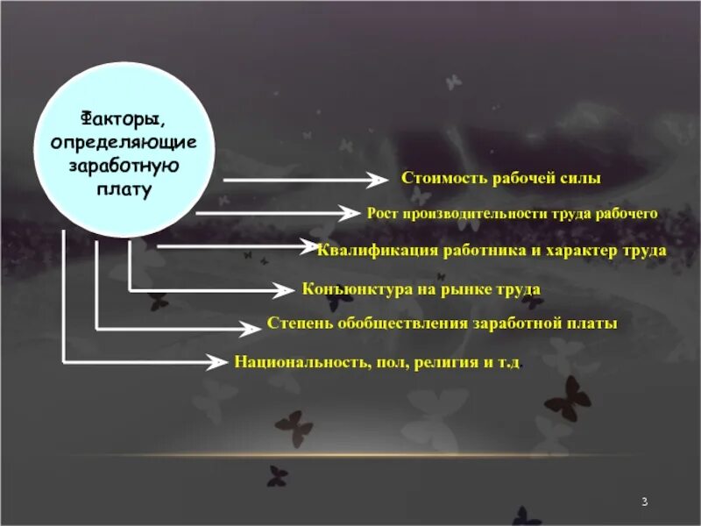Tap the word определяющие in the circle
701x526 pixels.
(124, 141)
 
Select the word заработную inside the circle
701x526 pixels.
(123, 165)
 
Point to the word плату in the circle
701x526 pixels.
(124, 188)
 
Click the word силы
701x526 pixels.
(581, 178)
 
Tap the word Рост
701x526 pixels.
(382, 213)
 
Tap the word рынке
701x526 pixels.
(462, 288)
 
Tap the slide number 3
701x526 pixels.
(644, 501)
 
